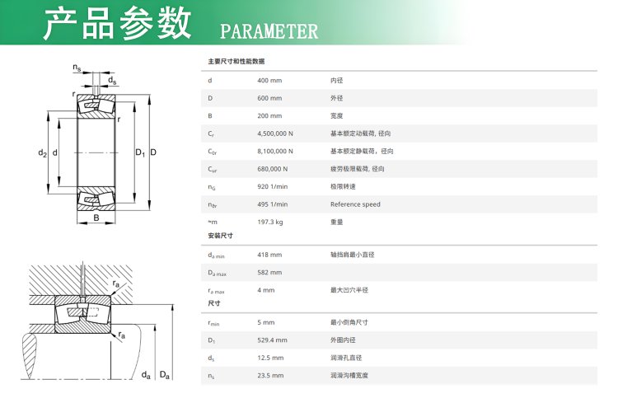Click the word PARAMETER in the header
click(x=269, y=31)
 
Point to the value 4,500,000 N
click(x=276, y=134)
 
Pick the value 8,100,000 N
click(x=276, y=151)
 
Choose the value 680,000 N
click(x=273, y=169)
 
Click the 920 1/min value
click(x=273, y=186)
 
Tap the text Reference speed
click(x=355, y=204)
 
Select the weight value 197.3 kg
click(x=270, y=222)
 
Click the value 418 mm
click(x=269, y=255)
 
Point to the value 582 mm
click(x=269, y=272)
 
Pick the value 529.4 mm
click(x=272, y=340)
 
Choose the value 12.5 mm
click(x=270, y=358)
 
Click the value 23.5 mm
click(x=270, y=375)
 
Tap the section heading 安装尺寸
click(x=220, y=237)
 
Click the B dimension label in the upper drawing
click(x=96, y=218)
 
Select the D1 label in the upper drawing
click(x=139, y=153)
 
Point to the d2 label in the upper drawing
click(x=42, y=153)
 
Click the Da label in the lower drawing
click(x=165, y=375)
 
